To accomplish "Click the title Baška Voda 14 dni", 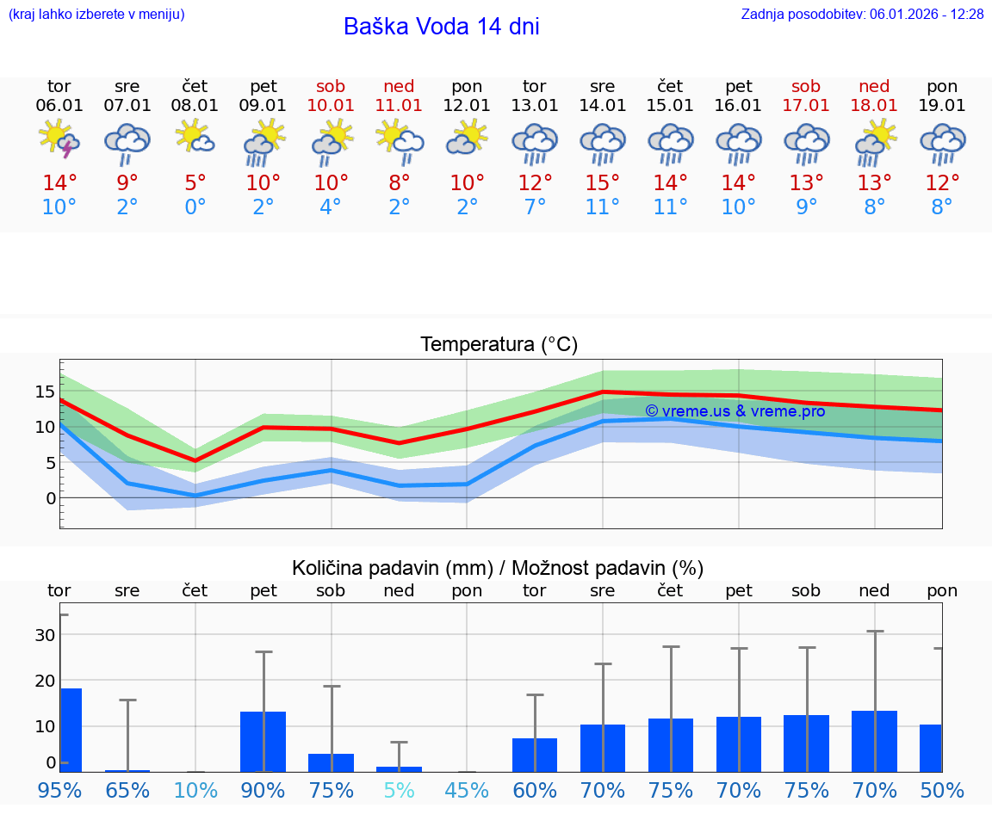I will [x=441, y=27].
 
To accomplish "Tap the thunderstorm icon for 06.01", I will [x=59, y=139].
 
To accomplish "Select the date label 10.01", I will [x=331, y=106].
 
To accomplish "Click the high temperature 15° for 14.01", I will [x=603, y=183].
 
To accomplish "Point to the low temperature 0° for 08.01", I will [x=195, y=207].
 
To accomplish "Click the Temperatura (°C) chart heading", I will [x=499, y=345].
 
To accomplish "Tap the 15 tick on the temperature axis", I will [x=46, y=392].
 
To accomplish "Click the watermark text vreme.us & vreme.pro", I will [x=735, y=411].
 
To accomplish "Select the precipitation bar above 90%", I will [x=263, y=741].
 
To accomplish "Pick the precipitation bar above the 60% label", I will [x=535, y=755].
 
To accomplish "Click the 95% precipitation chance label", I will [x=59, y=790].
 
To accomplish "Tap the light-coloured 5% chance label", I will [x=399, y=790].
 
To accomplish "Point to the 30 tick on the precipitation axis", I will [x=45, y=635].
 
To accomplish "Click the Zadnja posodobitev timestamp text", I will [x=862, y=14].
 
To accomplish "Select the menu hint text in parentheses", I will [x=96, y=14].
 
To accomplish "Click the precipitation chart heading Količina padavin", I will [x=498, y=568].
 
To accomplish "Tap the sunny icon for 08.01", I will [x=195, y=138].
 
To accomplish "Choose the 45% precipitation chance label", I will [x=467, y=790].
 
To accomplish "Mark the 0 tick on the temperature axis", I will [x=51, y=498].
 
